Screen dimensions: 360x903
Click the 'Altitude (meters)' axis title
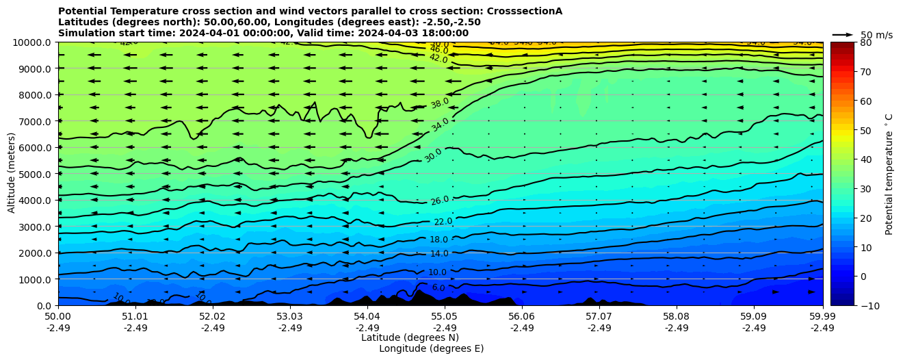click(x=12, y=174)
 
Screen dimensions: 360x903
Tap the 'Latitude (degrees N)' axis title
click(x=410, y=337)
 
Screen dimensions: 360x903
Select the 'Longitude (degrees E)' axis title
click(x=431, y=348)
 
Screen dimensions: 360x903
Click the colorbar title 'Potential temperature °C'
click(x=889, y=174)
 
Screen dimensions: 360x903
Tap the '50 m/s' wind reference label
click(x=876, y=35)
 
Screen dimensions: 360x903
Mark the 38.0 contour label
click(x=440, y=103)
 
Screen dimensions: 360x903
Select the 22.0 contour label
click(x=443, y=222)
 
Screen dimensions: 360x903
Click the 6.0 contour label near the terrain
click(x=439, y=287)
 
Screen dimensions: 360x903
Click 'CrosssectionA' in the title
click(x=524, y=11)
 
